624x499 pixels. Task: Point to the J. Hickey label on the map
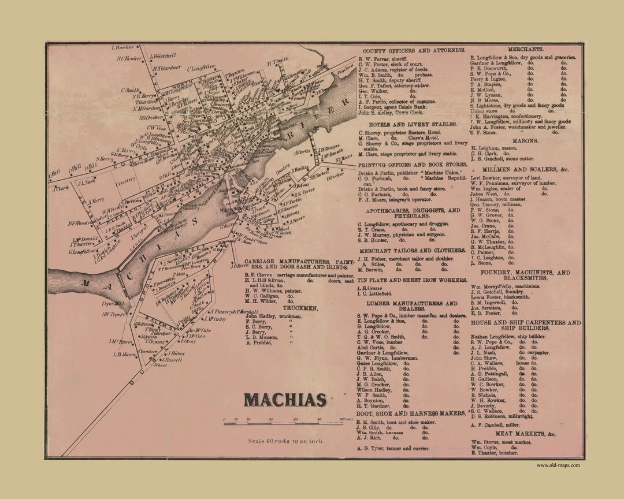tap(176, 352)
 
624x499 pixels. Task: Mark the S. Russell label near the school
tap(172, 359)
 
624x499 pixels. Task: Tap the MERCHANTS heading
tap(525, 50)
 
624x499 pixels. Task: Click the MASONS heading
tap(525, 140)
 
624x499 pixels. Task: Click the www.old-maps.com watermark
tap(559, 465)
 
